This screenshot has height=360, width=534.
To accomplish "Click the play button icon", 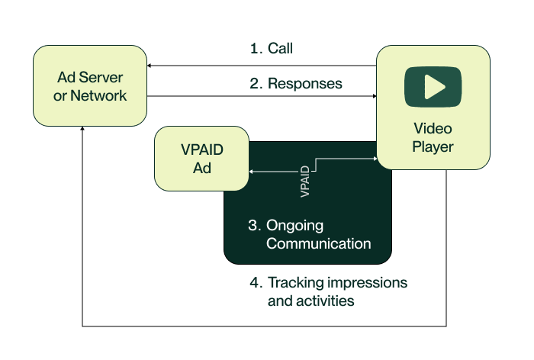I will (433, 87).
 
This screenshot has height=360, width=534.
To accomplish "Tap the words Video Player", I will (433, 137).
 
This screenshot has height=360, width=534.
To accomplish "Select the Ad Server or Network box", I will (91, 86).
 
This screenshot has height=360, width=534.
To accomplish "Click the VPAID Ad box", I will (202, 159).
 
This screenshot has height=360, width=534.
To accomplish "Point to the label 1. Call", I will (272, 49).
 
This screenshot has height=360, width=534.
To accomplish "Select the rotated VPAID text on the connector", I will (305, 182).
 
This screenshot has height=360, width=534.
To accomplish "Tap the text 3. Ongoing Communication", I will (309, 235).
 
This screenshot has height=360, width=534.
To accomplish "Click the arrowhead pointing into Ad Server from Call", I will (151, 66).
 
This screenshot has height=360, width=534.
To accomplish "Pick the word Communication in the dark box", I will (309, 244).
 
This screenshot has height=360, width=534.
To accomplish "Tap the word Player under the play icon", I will (433, 146).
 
